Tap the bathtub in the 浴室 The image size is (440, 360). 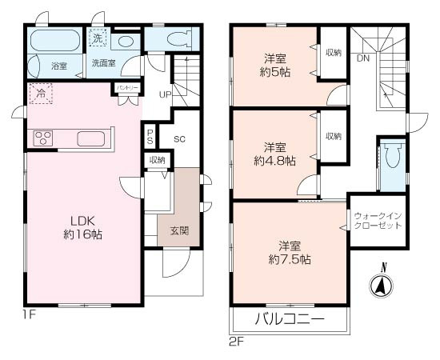click(x=54, y=41)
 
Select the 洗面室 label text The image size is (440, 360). click(x=102, y=63)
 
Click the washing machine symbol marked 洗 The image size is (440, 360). click(x=97, y=37)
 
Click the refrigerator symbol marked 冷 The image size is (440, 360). click(x=41, y=94)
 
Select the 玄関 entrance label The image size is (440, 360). click(x=179, y=231)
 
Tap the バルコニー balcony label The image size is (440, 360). click(x=290, y=319)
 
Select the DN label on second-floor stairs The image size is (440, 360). click(x=363, y=58)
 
